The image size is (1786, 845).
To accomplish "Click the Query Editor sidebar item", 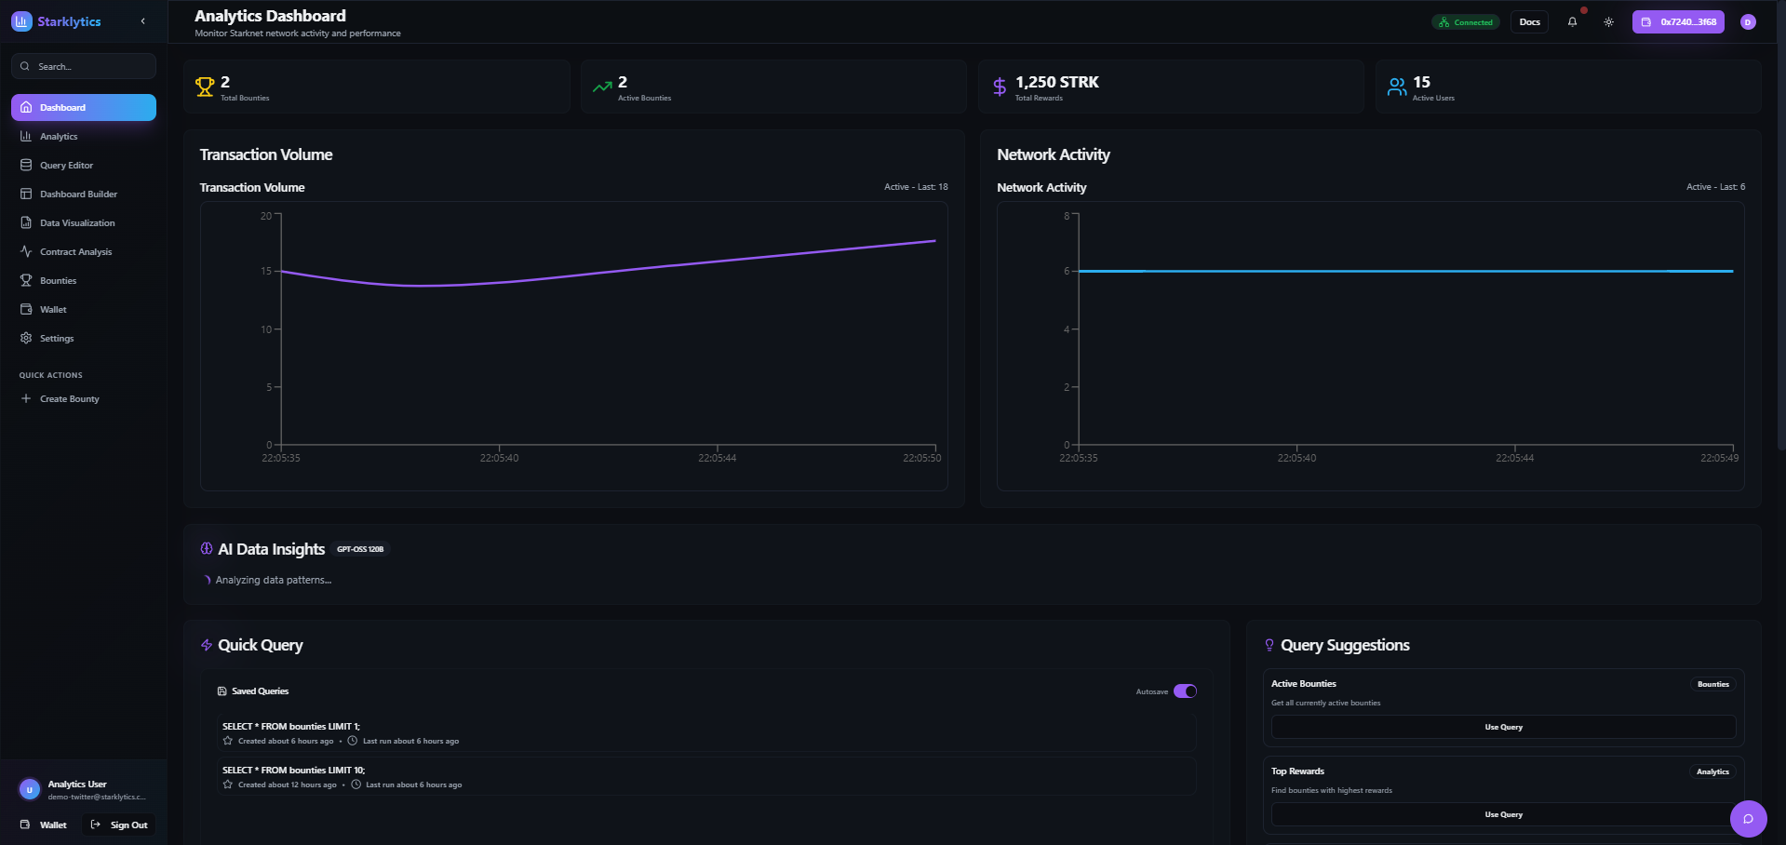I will coord(66,166).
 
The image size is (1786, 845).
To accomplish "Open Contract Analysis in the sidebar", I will coord(75,252).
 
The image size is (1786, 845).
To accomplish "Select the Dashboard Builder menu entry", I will coord(78,194).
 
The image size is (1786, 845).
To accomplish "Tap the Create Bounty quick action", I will coord(69,399).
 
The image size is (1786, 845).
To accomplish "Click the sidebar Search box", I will coord(84,67).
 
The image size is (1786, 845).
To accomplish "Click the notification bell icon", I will coord(1572,22).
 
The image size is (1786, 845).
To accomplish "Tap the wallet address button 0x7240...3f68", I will coord(1678,22).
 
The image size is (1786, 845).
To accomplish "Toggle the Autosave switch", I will coord(1185,691).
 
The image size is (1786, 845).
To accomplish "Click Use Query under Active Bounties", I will coord(1503,728).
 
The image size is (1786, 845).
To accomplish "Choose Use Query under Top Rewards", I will coord(1503,815).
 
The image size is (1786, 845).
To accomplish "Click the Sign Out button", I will coord(120,825).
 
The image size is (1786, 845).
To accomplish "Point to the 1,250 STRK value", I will coord(1056,83).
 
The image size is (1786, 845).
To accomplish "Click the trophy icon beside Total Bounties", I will coord(205,87).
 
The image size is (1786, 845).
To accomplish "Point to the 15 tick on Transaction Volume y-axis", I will coord(266,272).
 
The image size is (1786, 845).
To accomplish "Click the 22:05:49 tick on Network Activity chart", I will coord(1719,458).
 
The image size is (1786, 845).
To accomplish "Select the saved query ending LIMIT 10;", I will coord(294,771).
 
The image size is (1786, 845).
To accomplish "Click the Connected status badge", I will coord(1466,22).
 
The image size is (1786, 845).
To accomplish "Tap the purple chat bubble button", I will coord(1748,819).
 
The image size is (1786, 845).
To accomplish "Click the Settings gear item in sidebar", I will coord(56,339).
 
